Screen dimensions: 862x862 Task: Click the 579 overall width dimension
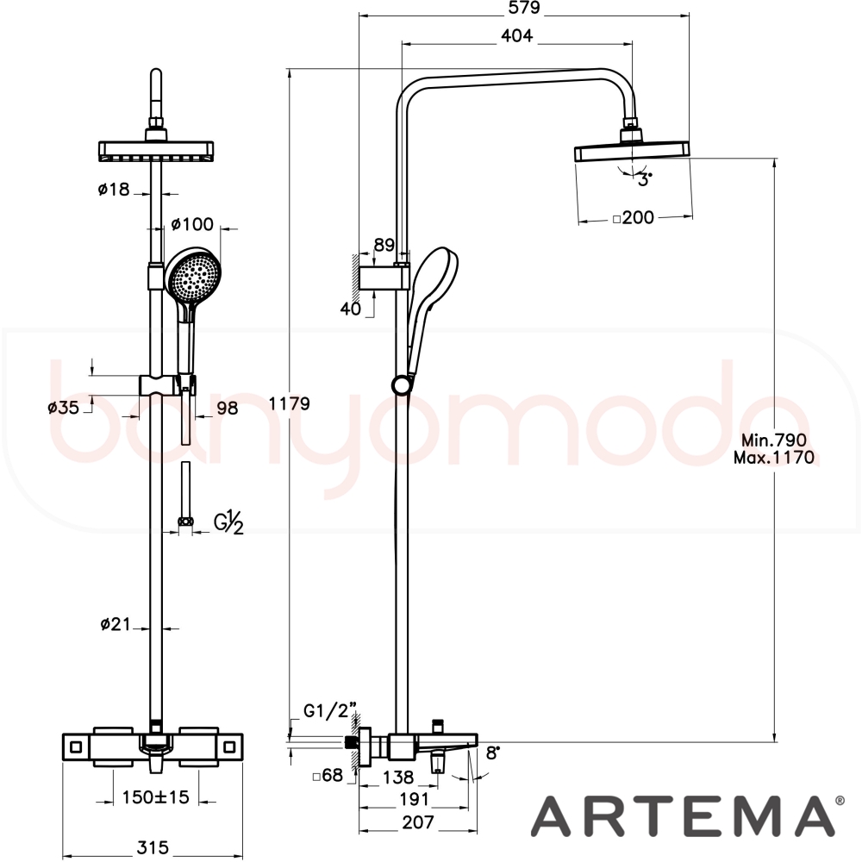tap(525, 8)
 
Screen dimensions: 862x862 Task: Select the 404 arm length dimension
tap(516, 35)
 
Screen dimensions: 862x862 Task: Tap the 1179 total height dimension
tap(289, 403)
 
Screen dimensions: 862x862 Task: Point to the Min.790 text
tap(774, 440)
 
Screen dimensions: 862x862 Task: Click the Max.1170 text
tap(774, 458)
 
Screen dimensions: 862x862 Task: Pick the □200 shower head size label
tap(634, 218)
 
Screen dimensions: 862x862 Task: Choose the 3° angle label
tap(645, 179)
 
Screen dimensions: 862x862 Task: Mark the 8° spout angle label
tap(492, 753)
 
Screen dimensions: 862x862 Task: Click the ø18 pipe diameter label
tap(114, 189)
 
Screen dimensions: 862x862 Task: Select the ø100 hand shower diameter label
tap(192, 224)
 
